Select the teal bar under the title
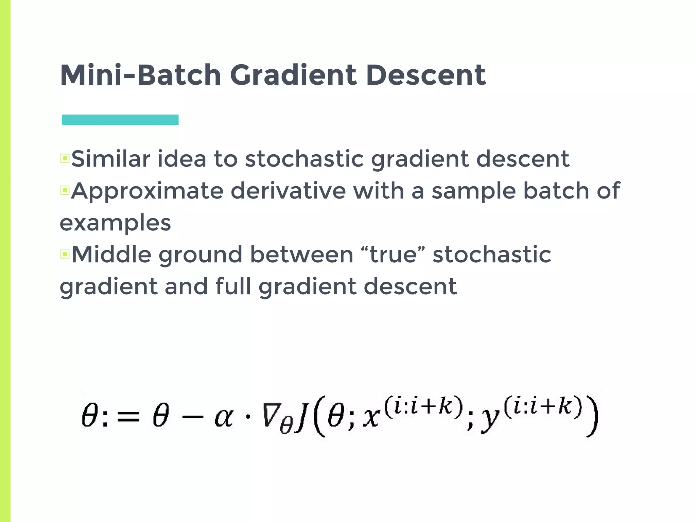[120, 120]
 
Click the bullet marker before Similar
[65, 158]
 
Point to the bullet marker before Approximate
[65, 190]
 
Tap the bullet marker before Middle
[65, 254]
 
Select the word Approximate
[147, 191]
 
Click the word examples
[115, 223]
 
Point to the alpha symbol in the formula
[224, 417]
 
